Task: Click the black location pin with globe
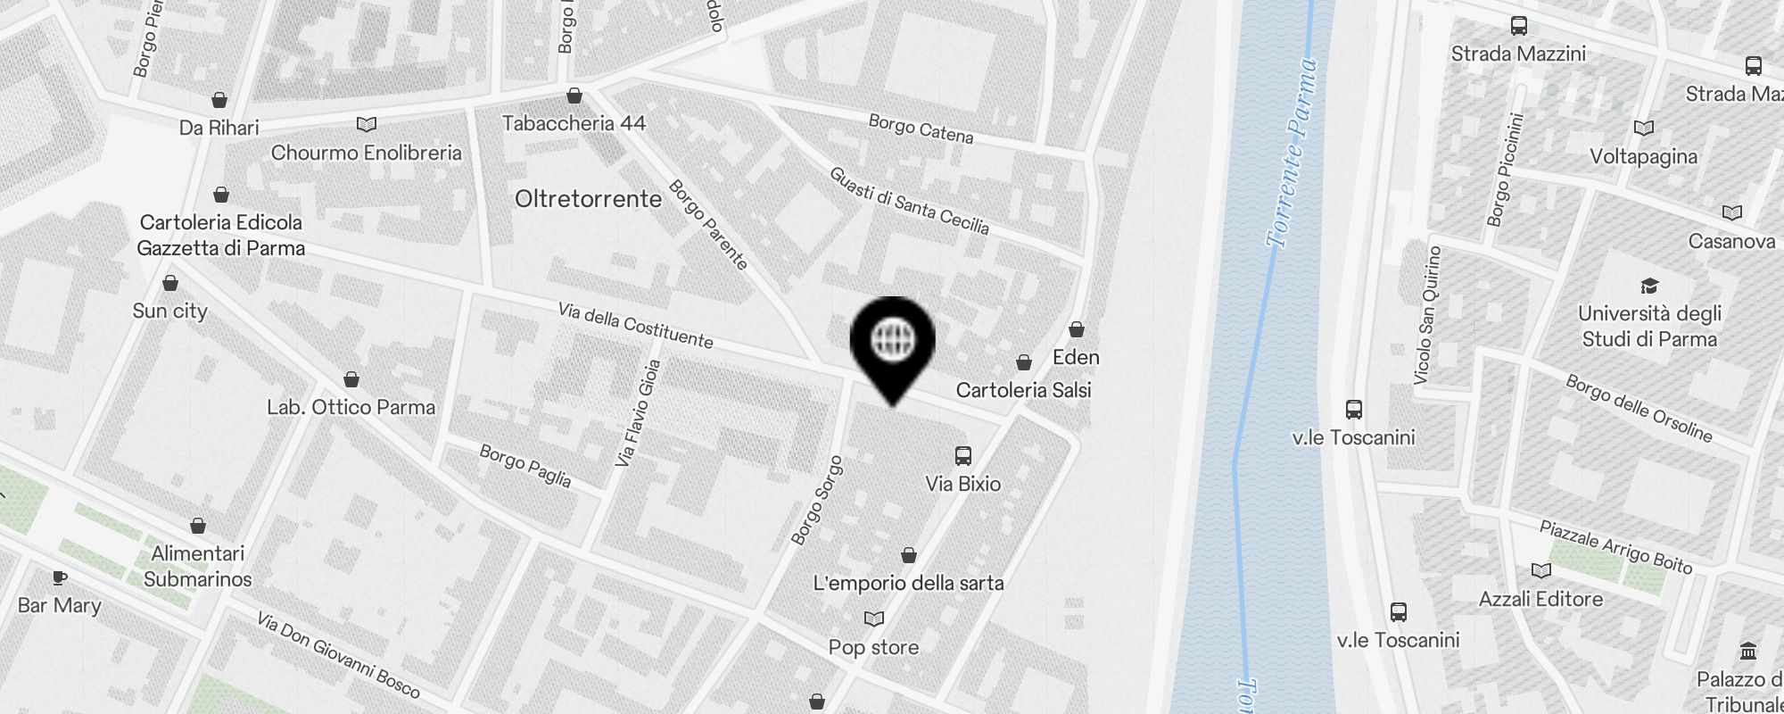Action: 892,344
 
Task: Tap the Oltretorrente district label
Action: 588,198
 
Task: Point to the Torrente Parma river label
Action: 1292,153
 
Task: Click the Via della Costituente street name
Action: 635,325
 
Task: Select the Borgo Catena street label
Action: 921,129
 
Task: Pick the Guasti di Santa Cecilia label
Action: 909,201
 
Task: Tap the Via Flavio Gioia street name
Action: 639,412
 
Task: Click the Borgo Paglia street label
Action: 525,465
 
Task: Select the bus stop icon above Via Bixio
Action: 963,456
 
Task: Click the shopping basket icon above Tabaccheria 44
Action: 574,95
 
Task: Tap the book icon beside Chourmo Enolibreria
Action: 367,124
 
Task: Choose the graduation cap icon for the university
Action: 1649,286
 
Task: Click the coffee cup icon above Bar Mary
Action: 60,578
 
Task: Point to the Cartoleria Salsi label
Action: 1023,390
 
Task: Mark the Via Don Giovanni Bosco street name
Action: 337,654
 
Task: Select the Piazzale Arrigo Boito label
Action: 1615,546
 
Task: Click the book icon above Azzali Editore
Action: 1540,570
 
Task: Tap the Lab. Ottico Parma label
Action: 351,407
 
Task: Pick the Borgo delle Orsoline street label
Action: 1639,408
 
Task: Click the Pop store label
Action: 873,647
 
